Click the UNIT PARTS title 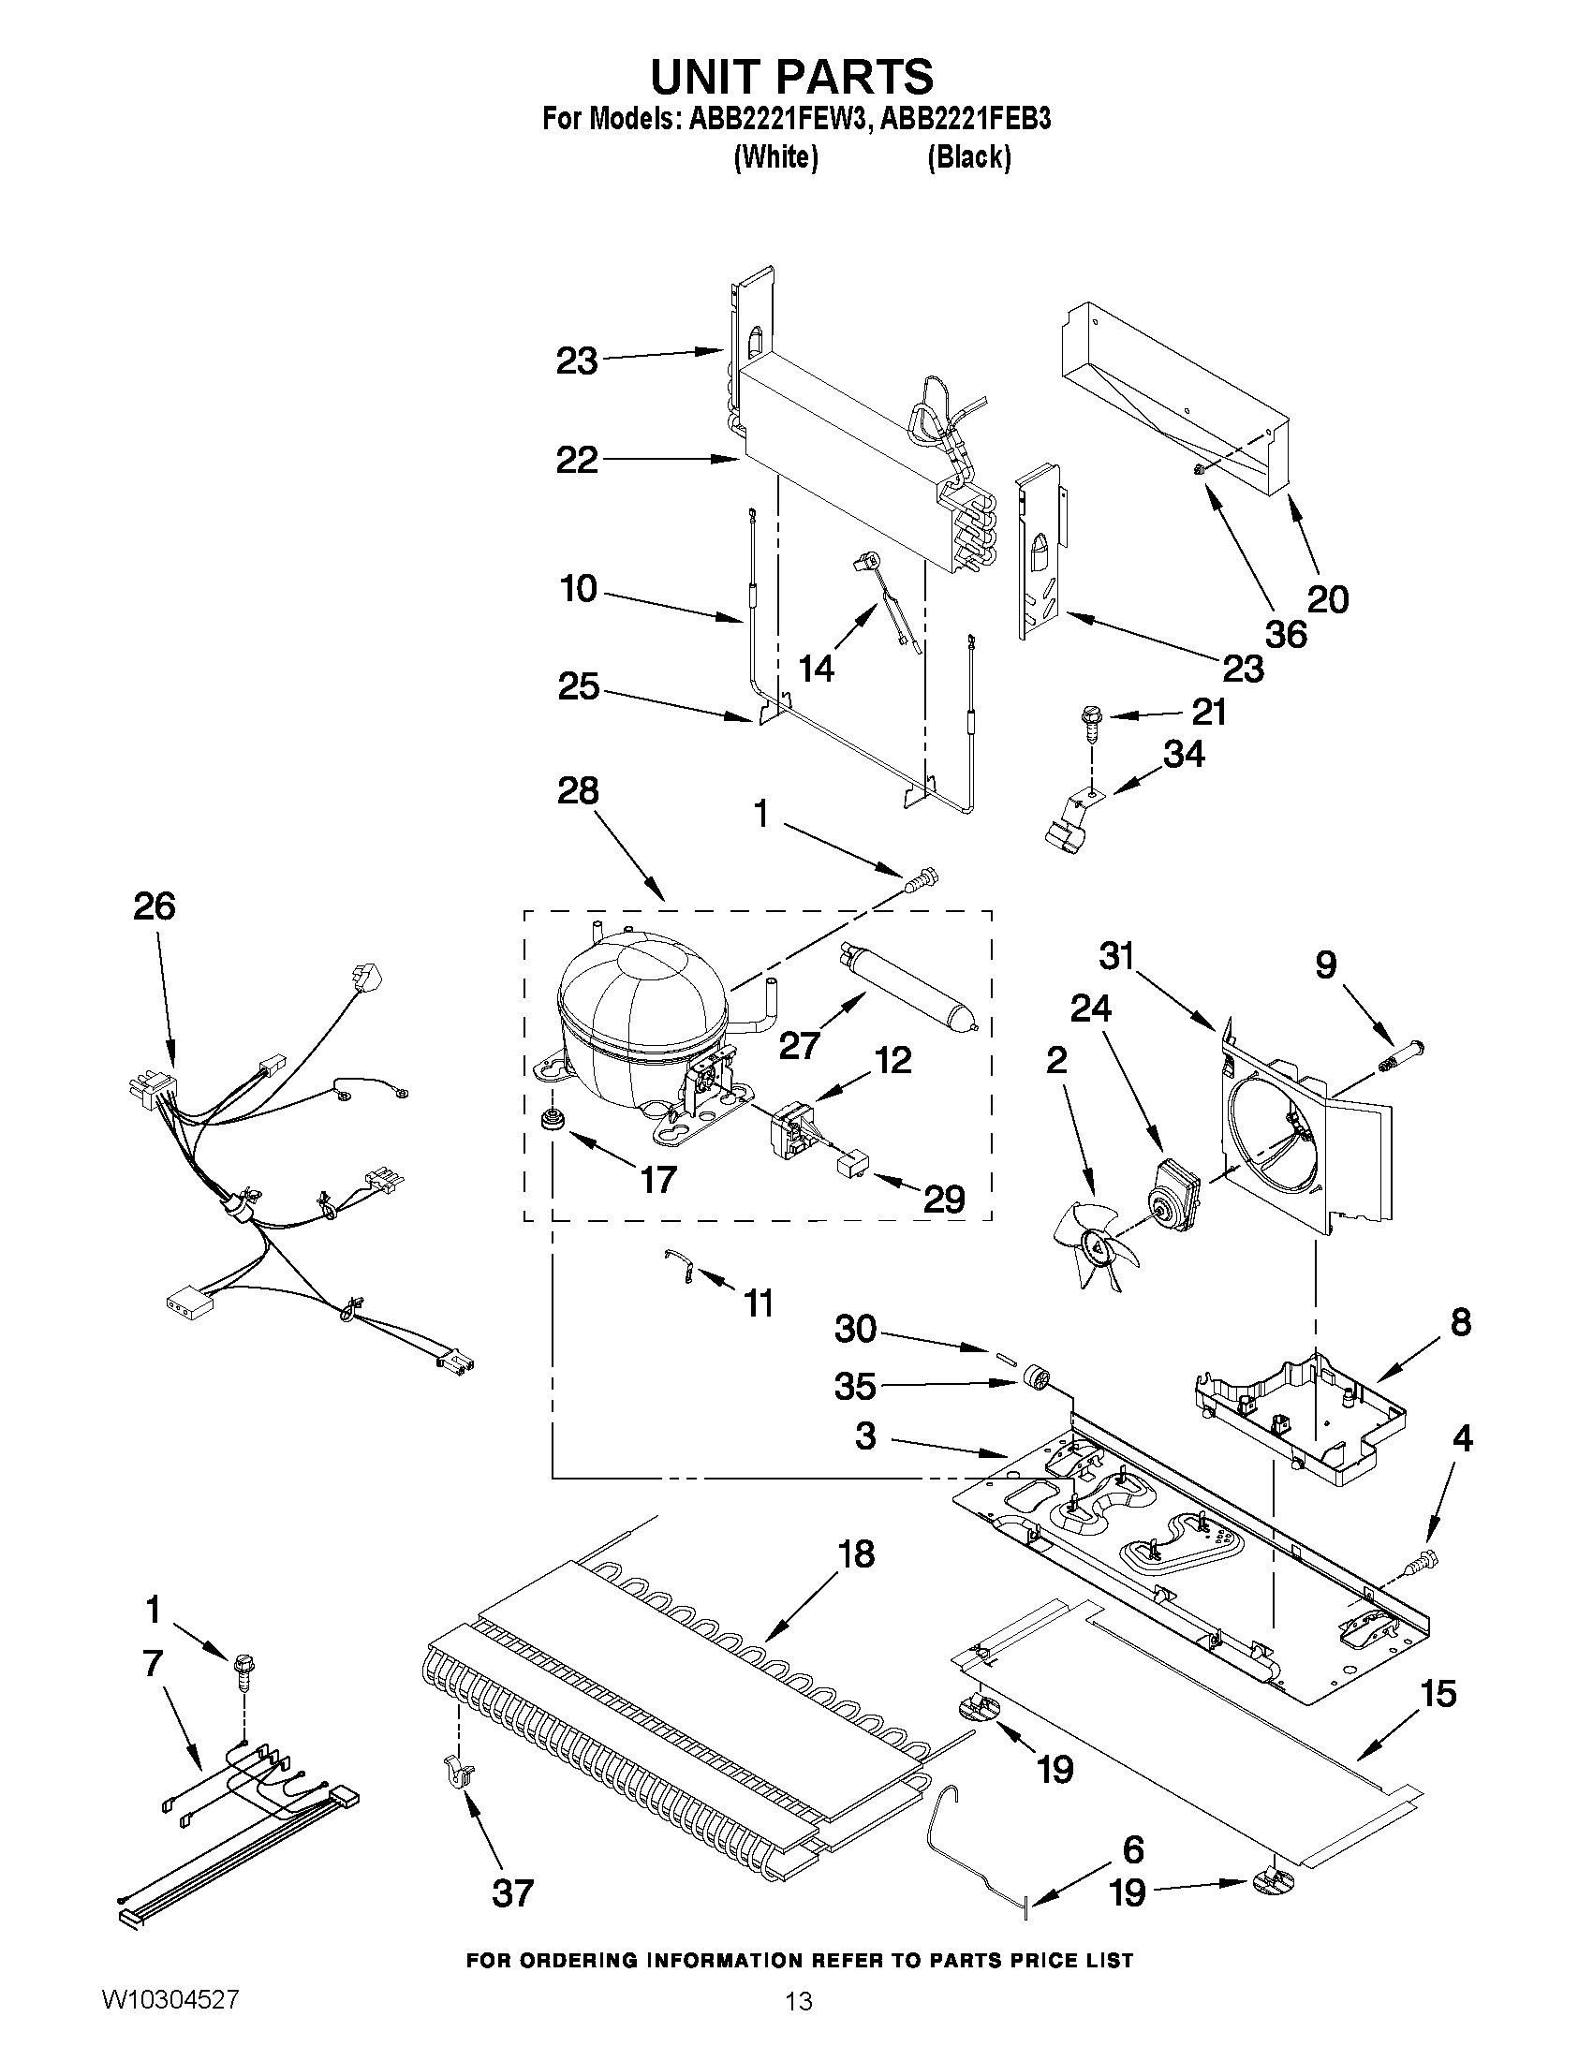(x=792, y=76)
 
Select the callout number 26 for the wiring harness (x=154, y=905)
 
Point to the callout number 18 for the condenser (x=856, y=1553)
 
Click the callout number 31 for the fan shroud (x=1117, y=958)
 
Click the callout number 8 (x=1460, y=1322)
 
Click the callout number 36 (x=1286, y=634)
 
